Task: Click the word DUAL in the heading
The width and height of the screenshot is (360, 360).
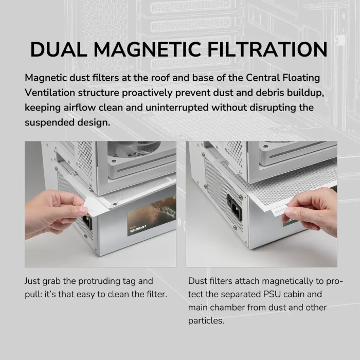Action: click(59, 49)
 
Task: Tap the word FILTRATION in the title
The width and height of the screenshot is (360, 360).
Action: click(267, 49)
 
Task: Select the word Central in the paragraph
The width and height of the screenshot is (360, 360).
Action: click(262, 78)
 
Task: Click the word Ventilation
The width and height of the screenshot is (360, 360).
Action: click(50, 93)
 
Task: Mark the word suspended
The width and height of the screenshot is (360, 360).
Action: click(49, 123)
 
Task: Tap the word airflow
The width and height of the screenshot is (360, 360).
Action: click(80, 107)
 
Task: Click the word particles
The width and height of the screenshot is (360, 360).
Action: click(206, 321)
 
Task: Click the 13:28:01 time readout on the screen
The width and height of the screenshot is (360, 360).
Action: click(138, 229)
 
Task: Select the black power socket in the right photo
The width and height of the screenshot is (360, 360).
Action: click(234, 207)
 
